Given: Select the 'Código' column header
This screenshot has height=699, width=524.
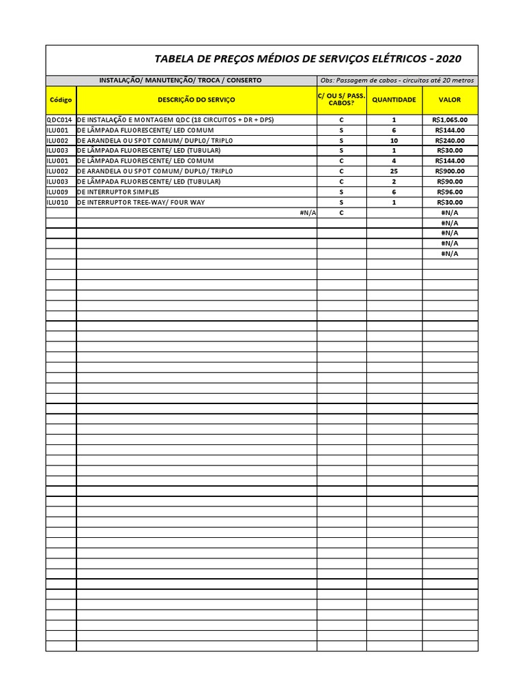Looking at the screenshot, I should click(61, 100).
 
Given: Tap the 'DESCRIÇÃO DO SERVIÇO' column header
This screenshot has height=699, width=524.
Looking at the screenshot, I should click(196, 100).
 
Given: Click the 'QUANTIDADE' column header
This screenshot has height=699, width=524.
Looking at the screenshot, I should click(394, 100).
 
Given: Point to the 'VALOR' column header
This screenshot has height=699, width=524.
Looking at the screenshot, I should click(450, 100).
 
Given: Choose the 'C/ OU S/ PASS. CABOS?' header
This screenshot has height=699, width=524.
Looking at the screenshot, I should click(342, 100).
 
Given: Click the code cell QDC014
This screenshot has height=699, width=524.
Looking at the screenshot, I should click(61, 119).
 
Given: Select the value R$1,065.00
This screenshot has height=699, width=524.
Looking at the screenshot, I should click(450, 119).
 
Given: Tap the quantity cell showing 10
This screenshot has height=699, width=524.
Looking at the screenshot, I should click(394, 140).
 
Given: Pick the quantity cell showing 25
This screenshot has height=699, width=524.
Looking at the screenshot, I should click(394, 171).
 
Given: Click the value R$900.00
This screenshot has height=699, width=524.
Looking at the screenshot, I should click(450, 171).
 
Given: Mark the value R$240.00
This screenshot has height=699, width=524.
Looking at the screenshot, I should click(450, 140).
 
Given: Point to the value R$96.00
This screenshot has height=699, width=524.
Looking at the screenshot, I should click(450, 192).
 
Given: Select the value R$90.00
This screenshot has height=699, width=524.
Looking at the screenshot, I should click(450, 182).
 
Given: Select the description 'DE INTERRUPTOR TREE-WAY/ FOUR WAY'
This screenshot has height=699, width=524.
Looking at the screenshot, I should click(141, 202).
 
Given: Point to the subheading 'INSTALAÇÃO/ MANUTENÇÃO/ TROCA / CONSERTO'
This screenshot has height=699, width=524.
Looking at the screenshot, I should click(180, 80).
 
